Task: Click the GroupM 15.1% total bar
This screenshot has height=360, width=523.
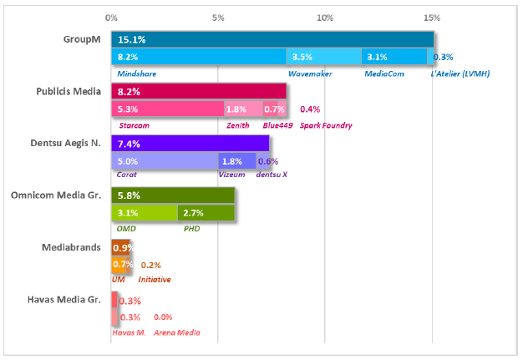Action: pos(272,39)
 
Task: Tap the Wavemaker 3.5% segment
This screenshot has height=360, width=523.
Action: pos(323,57)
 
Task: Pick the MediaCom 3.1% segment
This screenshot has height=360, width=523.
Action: pos(394,57)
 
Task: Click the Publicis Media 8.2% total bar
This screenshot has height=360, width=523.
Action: pos(199,91)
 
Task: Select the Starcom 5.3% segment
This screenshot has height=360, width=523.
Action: pos(167,109)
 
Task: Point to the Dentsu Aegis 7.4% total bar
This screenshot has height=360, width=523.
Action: pos(190,144)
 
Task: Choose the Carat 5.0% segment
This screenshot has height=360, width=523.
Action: pos(164,161)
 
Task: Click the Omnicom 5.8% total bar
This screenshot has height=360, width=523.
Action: pos(173,195)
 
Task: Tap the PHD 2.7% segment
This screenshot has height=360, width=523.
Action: pos(206,213)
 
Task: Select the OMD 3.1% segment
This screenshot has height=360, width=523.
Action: pos(145,213)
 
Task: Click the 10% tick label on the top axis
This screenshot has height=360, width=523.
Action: pos(325,17)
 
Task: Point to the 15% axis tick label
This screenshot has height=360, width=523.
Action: pos(432,17)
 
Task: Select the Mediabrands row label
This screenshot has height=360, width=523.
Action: pos(71,247)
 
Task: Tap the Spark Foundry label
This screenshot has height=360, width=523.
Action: pos(325,125)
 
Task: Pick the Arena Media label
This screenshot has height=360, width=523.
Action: pos(177,333)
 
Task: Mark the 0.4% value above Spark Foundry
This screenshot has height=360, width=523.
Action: pos(310,109)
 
